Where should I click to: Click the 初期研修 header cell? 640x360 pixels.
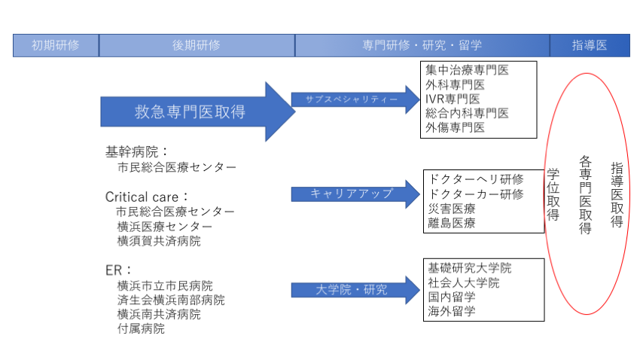click(x=55, y=45)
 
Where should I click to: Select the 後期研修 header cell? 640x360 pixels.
click(x=197, y=45)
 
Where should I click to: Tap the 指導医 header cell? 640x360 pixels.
click(x=590, y=45)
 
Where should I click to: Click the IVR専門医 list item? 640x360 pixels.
click(x=453, y=99)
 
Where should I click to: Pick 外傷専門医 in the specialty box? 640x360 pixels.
click(x=456, y=127)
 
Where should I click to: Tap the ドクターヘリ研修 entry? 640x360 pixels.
click(x=476, y=179)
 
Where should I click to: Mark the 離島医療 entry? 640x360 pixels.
click(x=452, y=223)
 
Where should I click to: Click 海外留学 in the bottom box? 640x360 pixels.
click(x=452, y=311)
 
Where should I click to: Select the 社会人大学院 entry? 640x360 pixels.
click(x=464, y=282)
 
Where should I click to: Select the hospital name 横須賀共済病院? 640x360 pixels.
click(x=159, y=241)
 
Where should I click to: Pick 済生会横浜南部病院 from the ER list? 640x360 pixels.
click(x=171, y=300)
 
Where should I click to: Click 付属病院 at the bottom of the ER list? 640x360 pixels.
click(x=141, y=328)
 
